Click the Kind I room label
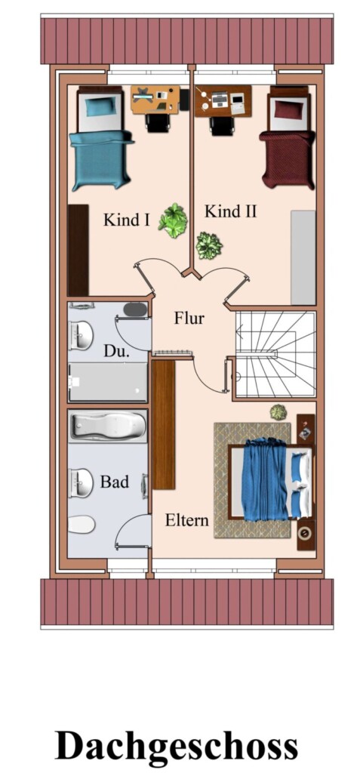(126, 220)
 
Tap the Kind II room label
(230, 211)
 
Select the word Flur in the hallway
(189, 318)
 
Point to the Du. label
(116, 351)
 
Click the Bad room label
(115, 481)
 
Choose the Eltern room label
(187, 520)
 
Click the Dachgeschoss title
(176, 745)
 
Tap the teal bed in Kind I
(101, 139)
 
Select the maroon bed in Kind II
(287, 138)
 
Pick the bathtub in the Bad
(108, 427)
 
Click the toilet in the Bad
(82, 525)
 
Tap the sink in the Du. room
(81, 336)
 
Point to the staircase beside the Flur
(275, 353)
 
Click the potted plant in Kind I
(173, 220)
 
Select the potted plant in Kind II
(209, 245)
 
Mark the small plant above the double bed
(278, 412)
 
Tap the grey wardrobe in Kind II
(303, 257)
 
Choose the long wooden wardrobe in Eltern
(164, 424)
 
